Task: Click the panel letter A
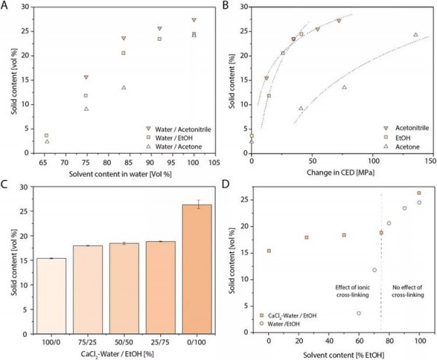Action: (x=6, y=5)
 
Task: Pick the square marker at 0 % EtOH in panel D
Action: (x=269, y=251)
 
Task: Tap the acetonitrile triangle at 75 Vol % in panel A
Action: (x=86, y=77)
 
